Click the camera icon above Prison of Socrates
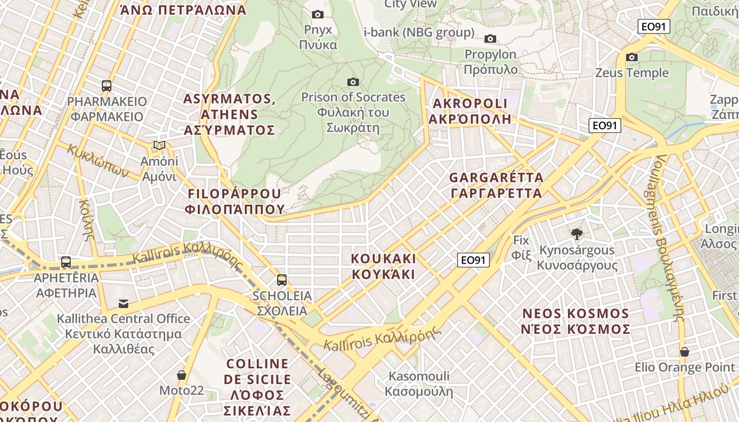(x=353, y=82)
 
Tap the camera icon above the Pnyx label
(x=318, y=14)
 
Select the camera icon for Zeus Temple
(x=632, y=57)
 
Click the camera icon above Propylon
(x=490, y=39)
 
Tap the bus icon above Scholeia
(x=282, y=280)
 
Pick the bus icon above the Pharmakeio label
(x=107, y=85)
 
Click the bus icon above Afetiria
(x=66, y=262)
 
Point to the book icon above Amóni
(x=159, y=145)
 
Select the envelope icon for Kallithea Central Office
(x=124, y=303)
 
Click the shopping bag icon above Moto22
(x=182, y=375)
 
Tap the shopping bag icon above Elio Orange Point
(x=685, y=352)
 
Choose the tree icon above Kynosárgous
(x=577, y=234)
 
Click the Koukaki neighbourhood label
(x=384, y=266)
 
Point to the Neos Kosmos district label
(x=576, y=321)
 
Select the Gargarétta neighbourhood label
(x=496, y=185)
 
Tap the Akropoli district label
(x=470, y=111)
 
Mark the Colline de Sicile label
(x=258, y=387)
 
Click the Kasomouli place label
(x=419, y=383)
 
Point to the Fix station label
(x=521, y=248)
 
